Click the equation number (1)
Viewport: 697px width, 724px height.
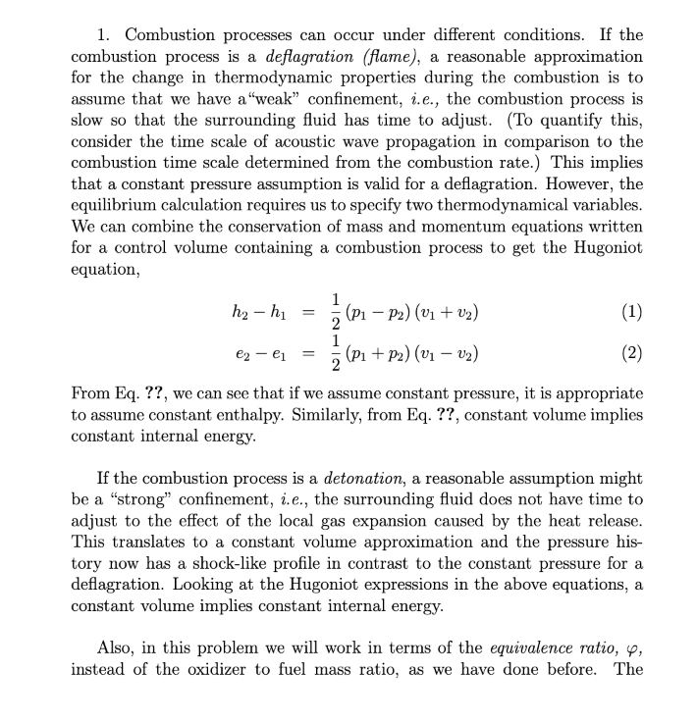633,313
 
